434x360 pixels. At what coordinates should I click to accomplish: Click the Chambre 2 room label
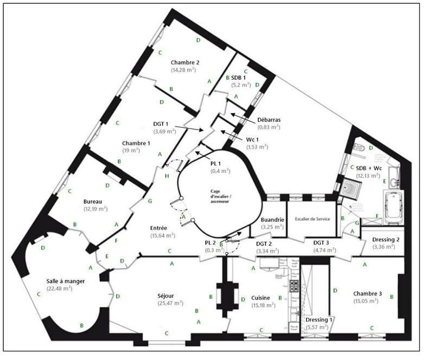point(185,62)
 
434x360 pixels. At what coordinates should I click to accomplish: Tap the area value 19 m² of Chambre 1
point(136,151)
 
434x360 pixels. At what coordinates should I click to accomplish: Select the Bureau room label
point(93,201)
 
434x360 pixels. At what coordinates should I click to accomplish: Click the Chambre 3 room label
point(367,293)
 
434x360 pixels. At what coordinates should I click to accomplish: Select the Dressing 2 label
point(386,240)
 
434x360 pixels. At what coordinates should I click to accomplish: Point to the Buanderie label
point(273,220)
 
